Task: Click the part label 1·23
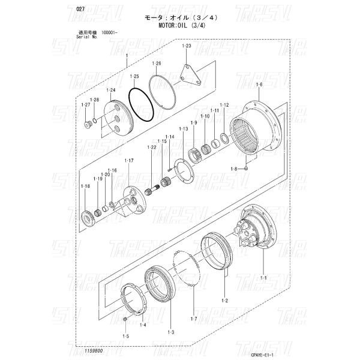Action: [186, 46]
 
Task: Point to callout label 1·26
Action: [157, 64]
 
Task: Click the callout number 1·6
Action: [259, 85]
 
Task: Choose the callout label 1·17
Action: [128, 160]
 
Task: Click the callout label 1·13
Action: [184, 129]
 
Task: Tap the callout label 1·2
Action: [225, 299]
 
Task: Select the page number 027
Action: [64, 9]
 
